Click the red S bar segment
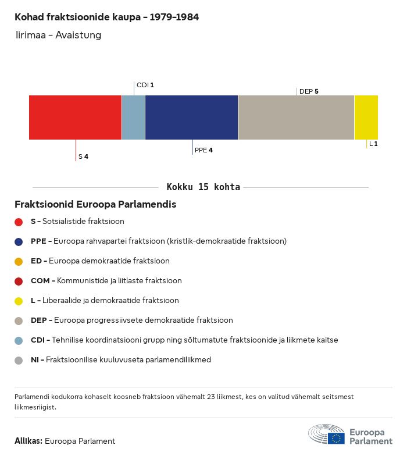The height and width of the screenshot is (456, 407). [75, 117]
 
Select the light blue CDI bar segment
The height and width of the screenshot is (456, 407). [133, 117]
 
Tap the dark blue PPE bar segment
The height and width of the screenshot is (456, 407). [191, 117]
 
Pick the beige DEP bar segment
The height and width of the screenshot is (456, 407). [296, 117]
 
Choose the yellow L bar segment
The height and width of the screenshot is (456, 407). [366, 117]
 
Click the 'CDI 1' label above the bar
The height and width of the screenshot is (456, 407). [145, 85]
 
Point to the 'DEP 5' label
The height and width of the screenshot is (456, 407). [309, 91]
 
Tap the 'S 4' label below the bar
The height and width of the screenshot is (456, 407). [83, 156]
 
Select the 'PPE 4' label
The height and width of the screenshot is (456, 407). [203, 150]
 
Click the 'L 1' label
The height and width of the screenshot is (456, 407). [373, 144]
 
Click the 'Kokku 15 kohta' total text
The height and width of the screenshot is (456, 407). [203, 187]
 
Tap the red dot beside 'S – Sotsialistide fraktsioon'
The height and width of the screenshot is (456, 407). [19, 222]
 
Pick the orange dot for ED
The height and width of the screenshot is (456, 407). [19, 261]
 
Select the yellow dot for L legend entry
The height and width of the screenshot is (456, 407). [19, 301]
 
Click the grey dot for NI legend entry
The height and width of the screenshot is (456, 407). [19, 360]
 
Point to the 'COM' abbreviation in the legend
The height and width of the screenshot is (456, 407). [40, 281]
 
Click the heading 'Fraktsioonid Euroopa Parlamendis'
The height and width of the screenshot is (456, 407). [95, 205]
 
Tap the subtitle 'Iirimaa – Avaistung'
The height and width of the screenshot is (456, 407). [59, 35]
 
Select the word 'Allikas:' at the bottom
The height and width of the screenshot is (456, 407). [28, 441]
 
